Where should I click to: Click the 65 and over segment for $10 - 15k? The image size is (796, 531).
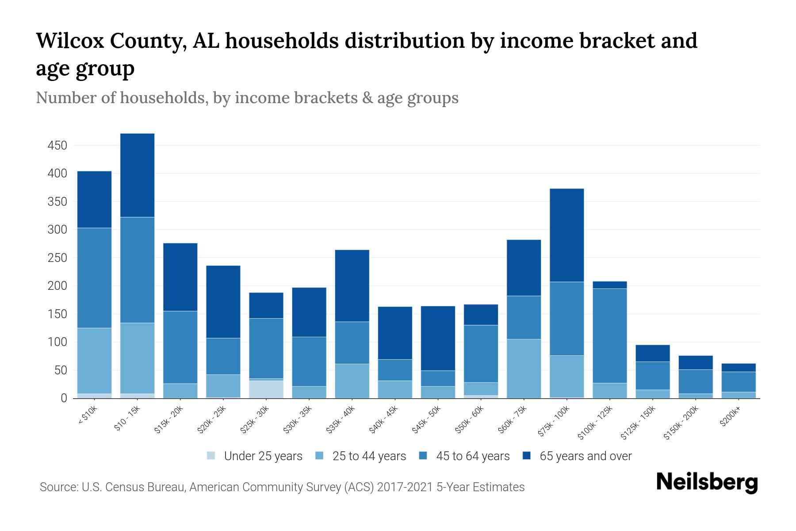(137, 175)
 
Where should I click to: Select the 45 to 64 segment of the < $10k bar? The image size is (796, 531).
(94, 278)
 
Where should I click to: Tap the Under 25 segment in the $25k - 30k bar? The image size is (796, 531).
(266, 389)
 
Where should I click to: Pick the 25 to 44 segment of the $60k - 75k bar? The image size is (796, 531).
(524, 369)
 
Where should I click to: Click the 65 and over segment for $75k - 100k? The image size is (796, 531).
(566, 235)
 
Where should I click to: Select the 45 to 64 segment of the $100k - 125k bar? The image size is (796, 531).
(609, 335)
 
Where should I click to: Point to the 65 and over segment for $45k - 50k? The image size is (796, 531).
(438, 338)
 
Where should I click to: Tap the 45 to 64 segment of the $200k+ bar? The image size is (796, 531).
(738, 382)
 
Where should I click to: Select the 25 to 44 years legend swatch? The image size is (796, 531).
(319, 456)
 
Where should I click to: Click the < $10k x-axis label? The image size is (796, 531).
(88, 415)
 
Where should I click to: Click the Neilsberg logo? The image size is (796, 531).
(707, 483)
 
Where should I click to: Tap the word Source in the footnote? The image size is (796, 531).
(58, 487)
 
